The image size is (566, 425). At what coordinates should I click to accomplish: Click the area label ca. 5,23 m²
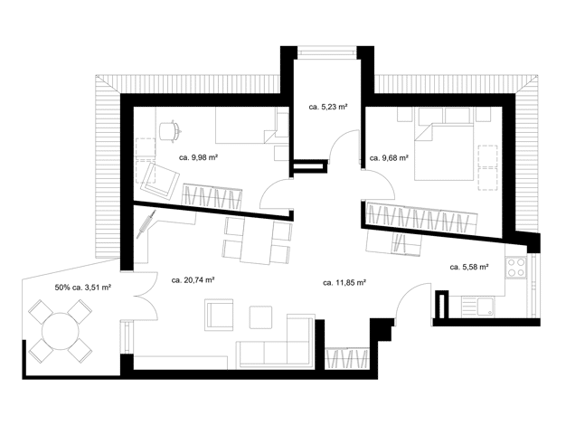coord(328,107)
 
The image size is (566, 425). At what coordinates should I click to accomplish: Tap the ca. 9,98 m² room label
coord(198,157)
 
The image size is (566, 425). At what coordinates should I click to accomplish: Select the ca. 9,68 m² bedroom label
coord(389,158)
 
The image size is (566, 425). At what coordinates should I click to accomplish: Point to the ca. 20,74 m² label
coord(193,279)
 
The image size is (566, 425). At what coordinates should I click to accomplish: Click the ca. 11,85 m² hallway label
coord(344,283)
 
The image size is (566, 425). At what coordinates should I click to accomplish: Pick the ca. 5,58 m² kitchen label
coord(469,267)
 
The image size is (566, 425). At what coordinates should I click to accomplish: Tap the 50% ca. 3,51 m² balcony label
coord(82,288)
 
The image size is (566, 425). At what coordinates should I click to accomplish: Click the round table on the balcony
coord(61,331)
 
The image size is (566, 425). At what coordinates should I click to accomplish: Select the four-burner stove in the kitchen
coord(516,268)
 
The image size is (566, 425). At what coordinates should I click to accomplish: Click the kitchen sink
coord(484,307)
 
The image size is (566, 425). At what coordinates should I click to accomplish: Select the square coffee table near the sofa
coord(260,317)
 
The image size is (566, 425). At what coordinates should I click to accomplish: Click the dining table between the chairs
coord(257,240)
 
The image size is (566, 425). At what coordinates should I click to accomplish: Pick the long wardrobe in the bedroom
coord(421,218)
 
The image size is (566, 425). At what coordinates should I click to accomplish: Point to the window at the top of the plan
coord(327,52)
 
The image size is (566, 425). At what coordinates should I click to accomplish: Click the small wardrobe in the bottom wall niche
coord(347,359)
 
